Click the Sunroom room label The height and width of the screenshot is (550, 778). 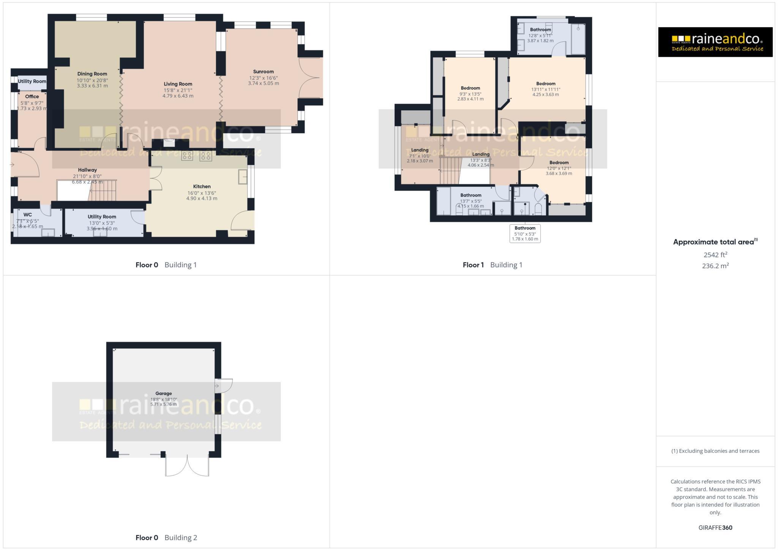[263, 72]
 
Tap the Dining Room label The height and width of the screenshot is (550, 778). [92, 74]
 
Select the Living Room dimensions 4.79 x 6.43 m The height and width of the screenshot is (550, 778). [178, 96]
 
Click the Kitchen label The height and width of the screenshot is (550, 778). [202, 186]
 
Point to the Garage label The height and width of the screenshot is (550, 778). [163, 394]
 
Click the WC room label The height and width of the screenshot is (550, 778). [27, 215]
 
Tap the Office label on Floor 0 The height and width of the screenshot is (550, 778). [32, 96]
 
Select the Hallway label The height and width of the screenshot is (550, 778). [87, 170]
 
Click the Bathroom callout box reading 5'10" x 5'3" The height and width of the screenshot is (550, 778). [525, 233]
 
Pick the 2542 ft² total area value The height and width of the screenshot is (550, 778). [715, 255]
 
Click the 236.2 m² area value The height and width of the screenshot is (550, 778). [715, 266]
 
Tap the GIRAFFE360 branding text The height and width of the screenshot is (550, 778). [715, 528]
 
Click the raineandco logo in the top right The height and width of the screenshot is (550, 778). [715, 42]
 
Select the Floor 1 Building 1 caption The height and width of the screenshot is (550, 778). [492, 265]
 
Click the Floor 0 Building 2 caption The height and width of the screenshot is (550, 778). [166, 537]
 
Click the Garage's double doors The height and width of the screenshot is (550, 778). [187, 465]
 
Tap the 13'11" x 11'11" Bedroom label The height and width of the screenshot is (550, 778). [546, 84]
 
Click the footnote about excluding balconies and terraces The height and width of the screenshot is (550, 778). [715, 451]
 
